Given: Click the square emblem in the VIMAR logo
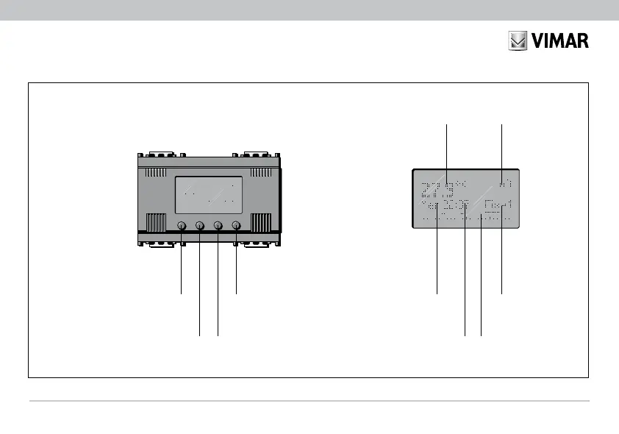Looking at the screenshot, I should (x=518, y=40).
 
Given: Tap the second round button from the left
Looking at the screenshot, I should (x=200, y=225).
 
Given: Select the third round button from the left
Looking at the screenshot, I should (x=218, y=225).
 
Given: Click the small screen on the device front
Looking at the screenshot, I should (x=209, y=195).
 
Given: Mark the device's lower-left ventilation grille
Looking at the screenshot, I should (x=156, y=223).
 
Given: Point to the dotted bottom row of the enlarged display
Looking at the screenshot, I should (x=465, y=219).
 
